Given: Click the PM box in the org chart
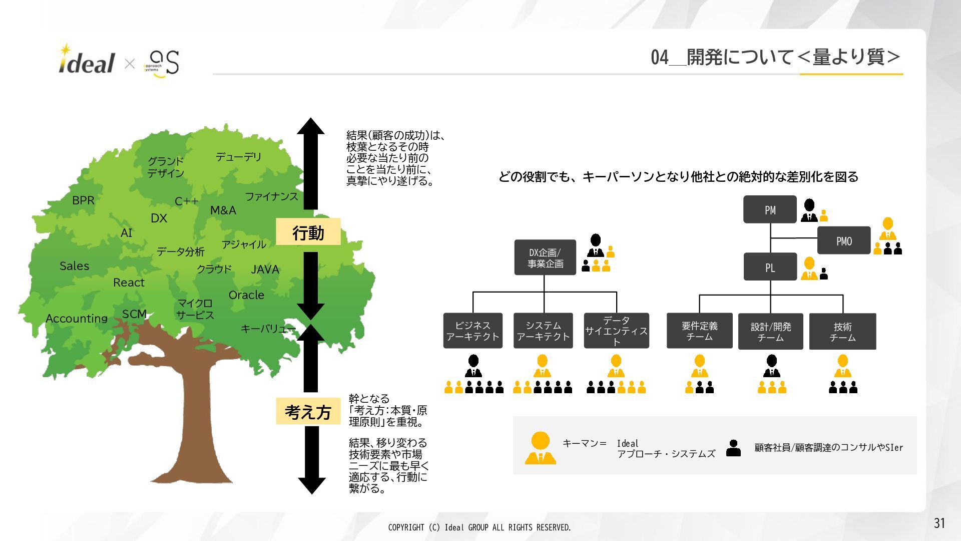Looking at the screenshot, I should click(769, 210).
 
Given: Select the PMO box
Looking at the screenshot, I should click(843, 241).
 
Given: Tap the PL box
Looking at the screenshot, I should click(770, 267).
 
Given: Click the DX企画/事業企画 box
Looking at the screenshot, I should click(545, 257).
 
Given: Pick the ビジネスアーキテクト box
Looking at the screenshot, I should click(472, 331).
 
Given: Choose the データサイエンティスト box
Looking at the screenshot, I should click(616, 331).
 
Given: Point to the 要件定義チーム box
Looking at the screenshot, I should click(699, 331).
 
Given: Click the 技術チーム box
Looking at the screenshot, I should click(842, 332).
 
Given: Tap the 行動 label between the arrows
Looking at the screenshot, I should click(308, 232).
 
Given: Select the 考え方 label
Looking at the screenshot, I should click(308, 412).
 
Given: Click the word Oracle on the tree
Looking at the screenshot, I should click(246, 295).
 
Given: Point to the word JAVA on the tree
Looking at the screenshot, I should click(265, 269).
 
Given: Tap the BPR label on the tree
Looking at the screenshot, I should click(83, 200).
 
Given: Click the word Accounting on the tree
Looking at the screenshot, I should click(77, 319).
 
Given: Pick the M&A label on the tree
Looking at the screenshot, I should click(223, 210).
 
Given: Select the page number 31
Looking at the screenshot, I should click(939, 523).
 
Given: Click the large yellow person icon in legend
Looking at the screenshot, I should click(540, 447).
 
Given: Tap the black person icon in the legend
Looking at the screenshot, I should click(733, 448).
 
